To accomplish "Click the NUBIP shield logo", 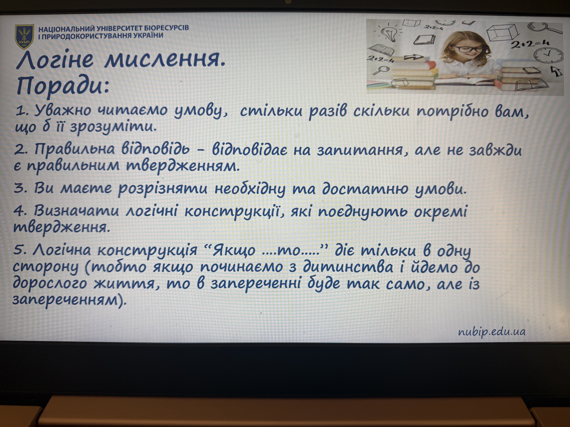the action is pos(24,37).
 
